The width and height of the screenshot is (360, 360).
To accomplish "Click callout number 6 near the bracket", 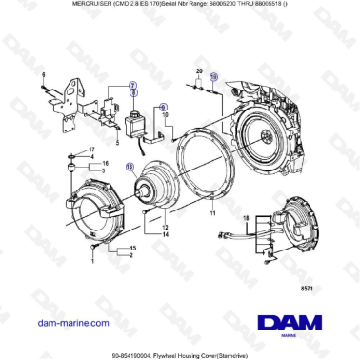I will tap(44, 73).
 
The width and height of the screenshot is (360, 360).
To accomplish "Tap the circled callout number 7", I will tap(133, 85).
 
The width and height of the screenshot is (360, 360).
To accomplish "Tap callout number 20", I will tap(199, 71).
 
